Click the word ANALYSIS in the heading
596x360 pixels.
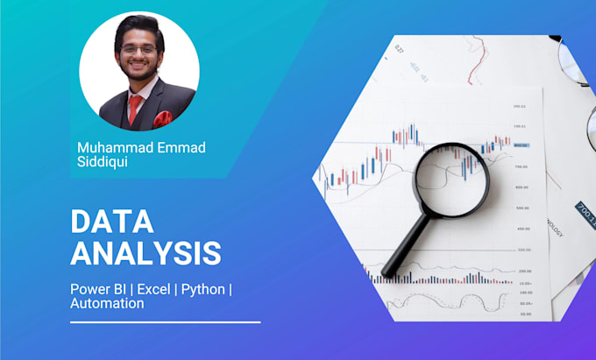coord(145,252)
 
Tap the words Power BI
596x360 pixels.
coord(98,288)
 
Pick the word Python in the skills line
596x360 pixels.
coord(202,288)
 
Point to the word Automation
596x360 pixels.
coord(107,304)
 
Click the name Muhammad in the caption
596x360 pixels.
coord(109,147)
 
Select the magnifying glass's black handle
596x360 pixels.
coord(408,246)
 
